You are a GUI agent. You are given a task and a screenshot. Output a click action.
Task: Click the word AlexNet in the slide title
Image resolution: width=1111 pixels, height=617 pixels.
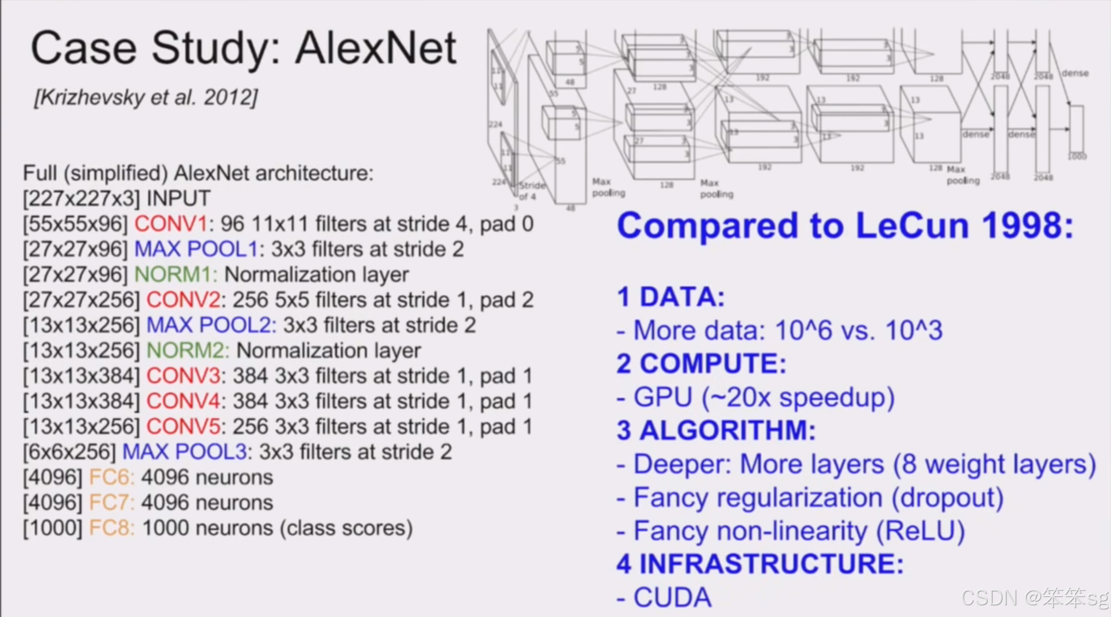[x=376, y=48]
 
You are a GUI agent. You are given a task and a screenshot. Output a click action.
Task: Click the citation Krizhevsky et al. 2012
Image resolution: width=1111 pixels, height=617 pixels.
[x=146, y=98]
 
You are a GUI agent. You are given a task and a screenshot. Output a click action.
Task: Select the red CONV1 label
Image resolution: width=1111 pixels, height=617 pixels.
[x=171, y=224]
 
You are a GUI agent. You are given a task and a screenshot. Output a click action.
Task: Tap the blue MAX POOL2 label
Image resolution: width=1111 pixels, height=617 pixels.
[x=211, y=325]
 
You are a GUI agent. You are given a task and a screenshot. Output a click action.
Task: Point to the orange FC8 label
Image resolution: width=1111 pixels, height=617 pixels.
[x=112, y=528]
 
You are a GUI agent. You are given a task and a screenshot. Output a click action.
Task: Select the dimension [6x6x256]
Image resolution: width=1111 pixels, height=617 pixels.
[x=69, y=452]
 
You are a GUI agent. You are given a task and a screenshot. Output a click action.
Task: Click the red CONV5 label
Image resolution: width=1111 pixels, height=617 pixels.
[x=183, y=427]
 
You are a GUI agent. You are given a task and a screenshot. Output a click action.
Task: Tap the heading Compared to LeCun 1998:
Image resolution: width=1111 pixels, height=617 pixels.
[x=845, y=226]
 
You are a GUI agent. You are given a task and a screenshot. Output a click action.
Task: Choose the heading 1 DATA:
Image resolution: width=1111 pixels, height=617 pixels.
[x=671, y=297]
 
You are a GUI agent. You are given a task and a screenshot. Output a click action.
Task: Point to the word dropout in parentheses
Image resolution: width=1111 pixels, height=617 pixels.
[x=947, y=498]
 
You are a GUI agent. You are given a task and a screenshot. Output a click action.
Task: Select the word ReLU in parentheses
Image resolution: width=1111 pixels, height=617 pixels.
[x=920, y=531]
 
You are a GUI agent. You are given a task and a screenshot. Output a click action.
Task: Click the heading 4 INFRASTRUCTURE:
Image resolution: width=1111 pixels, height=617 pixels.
[x=760, y=564]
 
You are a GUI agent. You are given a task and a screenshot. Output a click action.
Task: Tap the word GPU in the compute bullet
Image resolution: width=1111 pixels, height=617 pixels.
[x=663, y=398]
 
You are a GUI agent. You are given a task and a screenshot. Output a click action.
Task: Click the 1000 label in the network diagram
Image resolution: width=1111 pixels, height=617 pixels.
[x=1077, y=157]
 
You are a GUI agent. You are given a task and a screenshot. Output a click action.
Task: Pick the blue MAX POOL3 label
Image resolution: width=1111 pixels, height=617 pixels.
[x=184, y=452]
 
